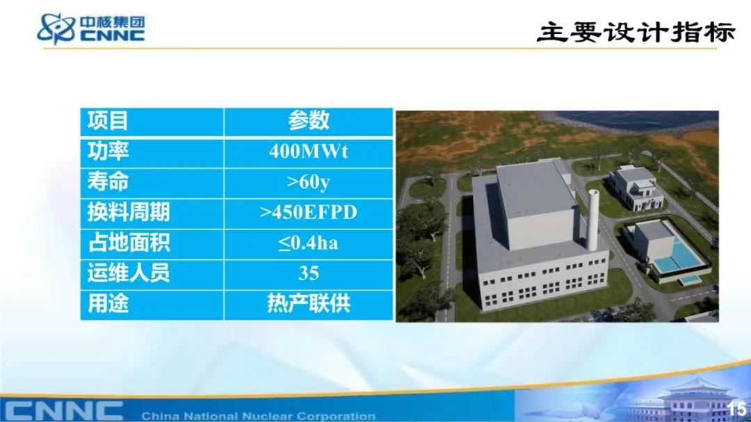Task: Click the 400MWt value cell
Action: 309,152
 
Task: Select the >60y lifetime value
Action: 309,182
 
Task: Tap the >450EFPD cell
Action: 309,212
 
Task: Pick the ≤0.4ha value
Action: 309,243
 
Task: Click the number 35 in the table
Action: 309,273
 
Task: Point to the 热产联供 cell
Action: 309,304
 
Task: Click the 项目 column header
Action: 108,120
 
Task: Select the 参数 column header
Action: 309,120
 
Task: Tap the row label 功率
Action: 108,152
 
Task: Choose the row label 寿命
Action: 108,182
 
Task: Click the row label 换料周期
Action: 129,212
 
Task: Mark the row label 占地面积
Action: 129,243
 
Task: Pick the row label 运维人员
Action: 129,273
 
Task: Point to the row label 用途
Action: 108,304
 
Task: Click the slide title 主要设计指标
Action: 636,32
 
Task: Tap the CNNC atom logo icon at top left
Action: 56,29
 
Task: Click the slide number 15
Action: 736,409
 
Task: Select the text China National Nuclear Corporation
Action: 258,416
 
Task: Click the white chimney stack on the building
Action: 593,220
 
